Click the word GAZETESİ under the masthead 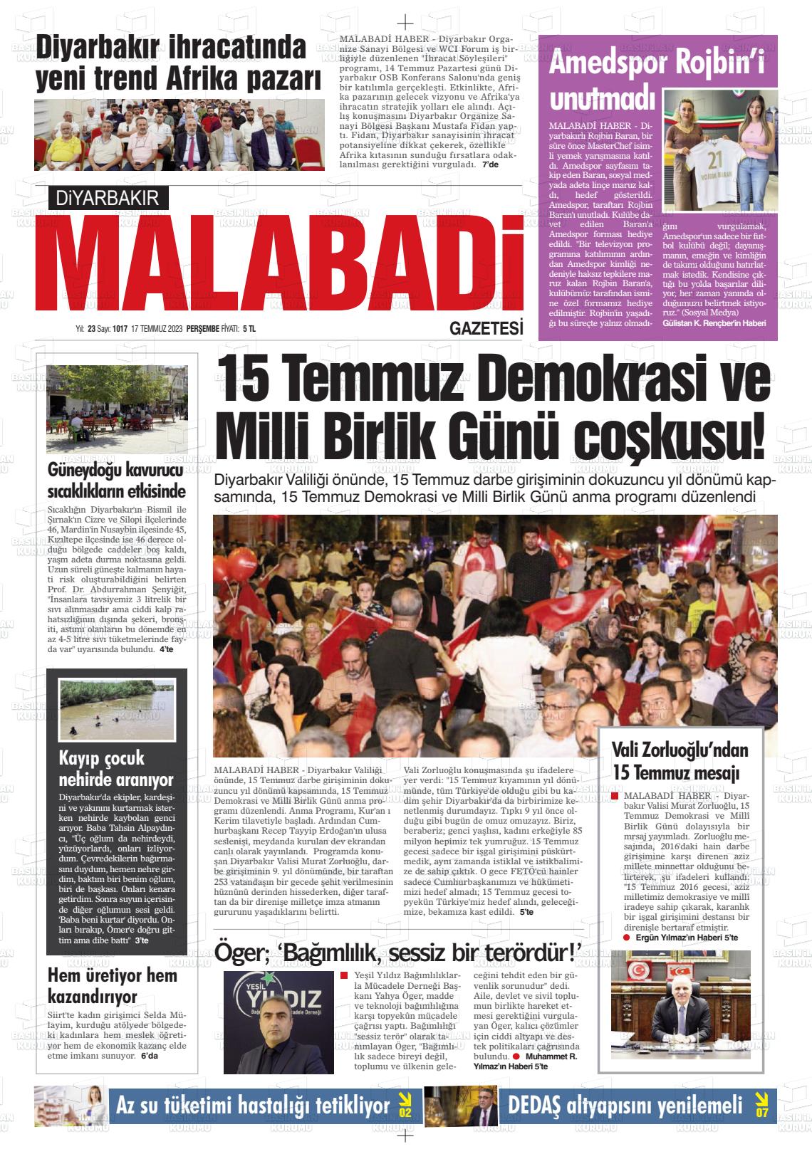point(486,328)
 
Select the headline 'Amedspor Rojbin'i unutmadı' point(655,78)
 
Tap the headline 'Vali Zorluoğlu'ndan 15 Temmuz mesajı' point(680,760)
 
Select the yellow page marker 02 point(405,1106)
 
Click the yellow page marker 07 point(762,1106)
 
